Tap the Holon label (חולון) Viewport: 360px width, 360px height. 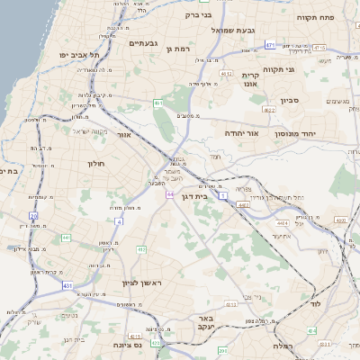pos(96,163)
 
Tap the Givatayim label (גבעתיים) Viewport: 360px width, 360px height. pos(144,43)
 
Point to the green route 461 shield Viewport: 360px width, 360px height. pos(158,103)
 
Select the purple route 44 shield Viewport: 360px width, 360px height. pos(169,193)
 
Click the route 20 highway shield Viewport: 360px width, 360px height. pos(34,216)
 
